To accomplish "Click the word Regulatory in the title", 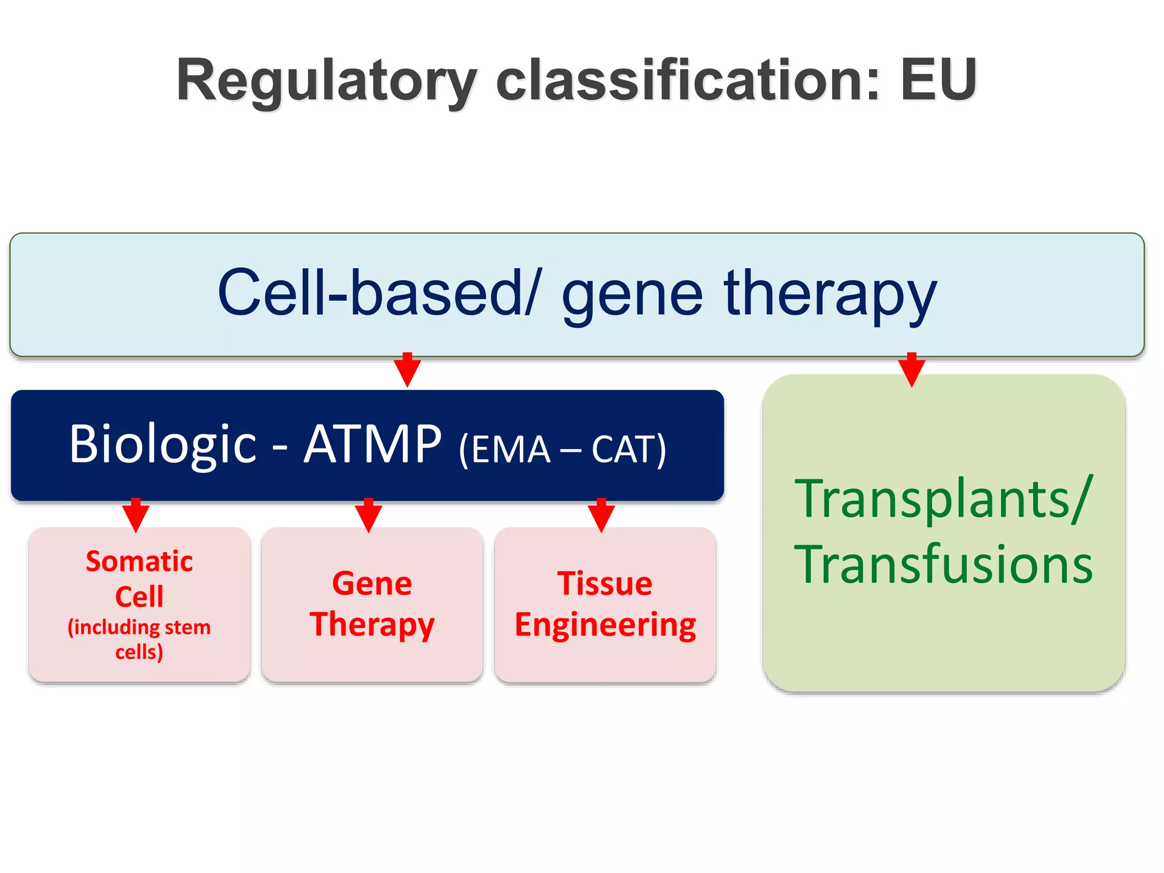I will coord(327,81).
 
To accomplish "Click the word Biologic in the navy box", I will coord(163,444).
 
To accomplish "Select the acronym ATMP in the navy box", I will coord(372,444).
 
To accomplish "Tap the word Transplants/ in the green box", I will coord(943,498).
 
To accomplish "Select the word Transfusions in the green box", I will coord(943,564).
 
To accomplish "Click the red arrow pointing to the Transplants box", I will coord(912,371).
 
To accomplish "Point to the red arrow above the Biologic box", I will coord(407,371).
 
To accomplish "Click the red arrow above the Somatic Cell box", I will coord(136,516).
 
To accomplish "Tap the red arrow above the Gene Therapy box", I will coord(368,516).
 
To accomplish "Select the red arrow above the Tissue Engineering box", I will coord(601,516).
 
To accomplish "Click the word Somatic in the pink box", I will coord(139,562).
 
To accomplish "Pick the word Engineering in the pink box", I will coord(605,625).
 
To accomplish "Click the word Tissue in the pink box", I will coord(605,584).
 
